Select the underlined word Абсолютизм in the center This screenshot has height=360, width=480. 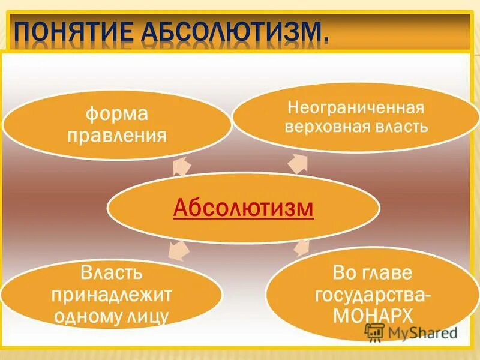click(243, 208)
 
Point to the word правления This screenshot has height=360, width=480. click(116, 135)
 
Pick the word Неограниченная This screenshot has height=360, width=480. click(356, 108)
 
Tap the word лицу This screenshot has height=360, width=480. click(148, 316)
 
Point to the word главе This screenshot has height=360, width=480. click(389, 274)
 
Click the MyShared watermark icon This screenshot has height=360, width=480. click(374, 332)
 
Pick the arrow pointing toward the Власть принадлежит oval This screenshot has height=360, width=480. click(178, 251)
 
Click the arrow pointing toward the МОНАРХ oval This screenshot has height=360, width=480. click(302, 247)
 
